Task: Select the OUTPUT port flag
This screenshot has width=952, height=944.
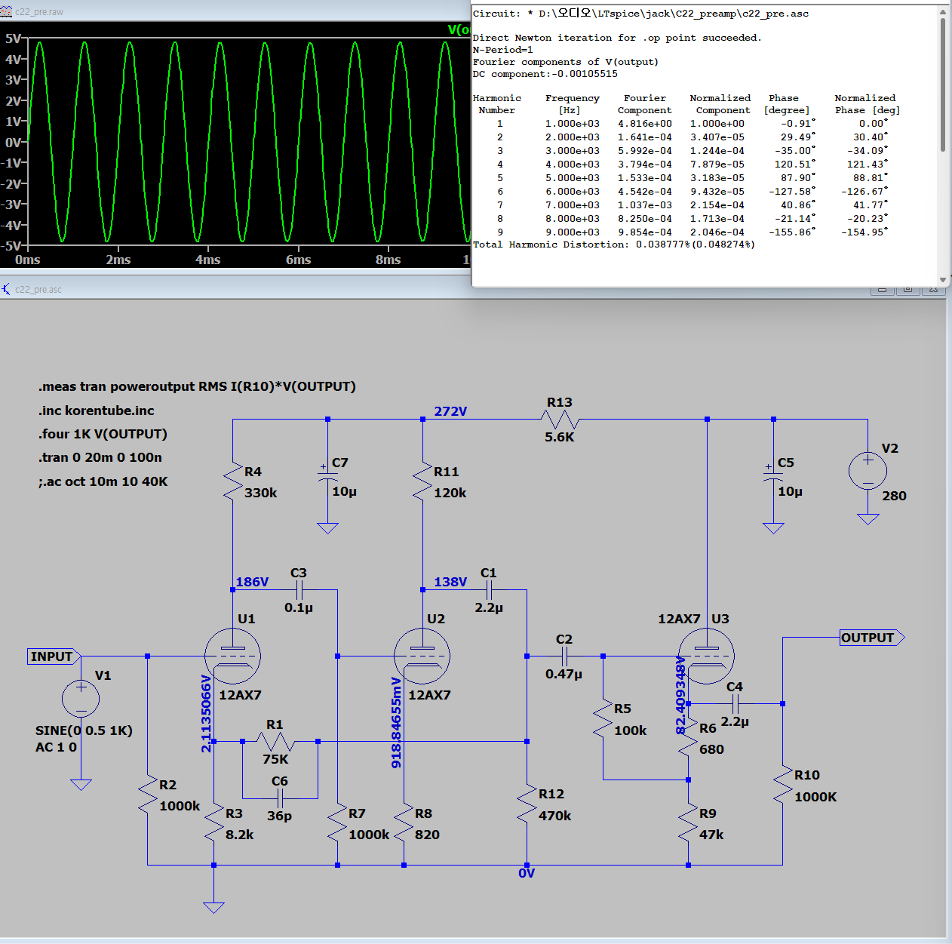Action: click(x=872, y=638)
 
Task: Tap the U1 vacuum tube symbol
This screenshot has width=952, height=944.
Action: click(x=232, y=656)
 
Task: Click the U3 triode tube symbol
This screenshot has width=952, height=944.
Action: click(x=707, y=656)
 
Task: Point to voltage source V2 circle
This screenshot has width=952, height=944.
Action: click(x=868, y=471)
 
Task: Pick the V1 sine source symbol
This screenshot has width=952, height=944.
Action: click(x=81, y=699)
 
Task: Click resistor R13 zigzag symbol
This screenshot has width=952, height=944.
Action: click(x=560, y=419)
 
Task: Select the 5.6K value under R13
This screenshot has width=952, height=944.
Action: click(x=559, y=437)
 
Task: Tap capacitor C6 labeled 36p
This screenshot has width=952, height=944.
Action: click(x=280, y=798)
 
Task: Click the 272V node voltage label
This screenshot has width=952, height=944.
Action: click(x=450, y=411)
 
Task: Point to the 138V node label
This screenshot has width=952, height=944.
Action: click(x=450, y=582)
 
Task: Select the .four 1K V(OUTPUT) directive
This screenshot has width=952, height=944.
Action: click(x=103, y=434)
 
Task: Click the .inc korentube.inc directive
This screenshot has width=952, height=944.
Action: click(x=97, y=411)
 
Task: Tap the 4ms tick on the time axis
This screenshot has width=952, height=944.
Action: click(x=207, y=260)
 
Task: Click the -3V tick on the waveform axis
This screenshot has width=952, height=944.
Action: click(x=14, y=204)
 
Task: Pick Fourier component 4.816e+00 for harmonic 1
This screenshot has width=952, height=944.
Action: click(x=645, y=124)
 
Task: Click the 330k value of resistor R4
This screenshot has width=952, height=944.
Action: click(x=260, y=493)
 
